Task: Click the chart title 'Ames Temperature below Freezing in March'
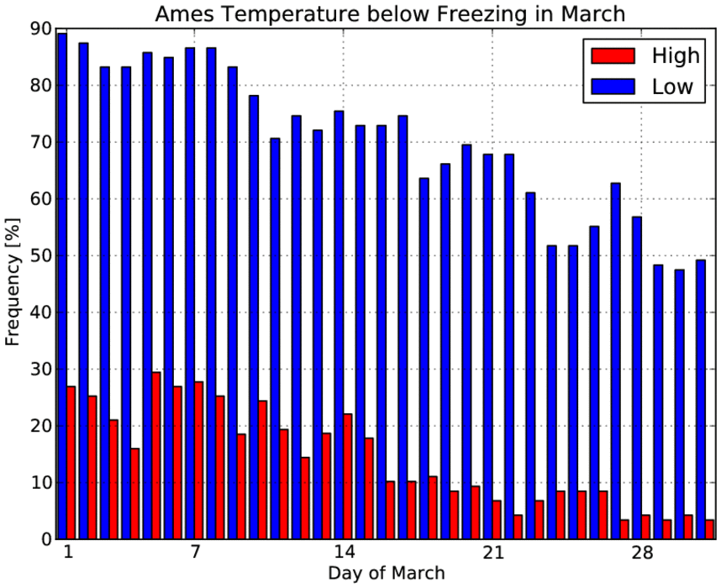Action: click(x=390, y=13)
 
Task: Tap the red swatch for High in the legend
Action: click(x=613, y=55)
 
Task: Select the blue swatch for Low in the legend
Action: click(x=613, y=87)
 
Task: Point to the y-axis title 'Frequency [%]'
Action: click(x=13, y=282)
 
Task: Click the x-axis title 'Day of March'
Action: click(x=387, y=573)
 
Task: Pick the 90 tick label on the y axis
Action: click(x=41, y=29)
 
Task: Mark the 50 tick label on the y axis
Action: click(x=41, y=255)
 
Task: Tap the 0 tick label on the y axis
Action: click(x=47, y=539)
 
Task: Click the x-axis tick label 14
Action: click(x=344, y=552)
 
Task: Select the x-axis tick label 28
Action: click(x=641, y=552)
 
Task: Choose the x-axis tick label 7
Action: click(x=195, y=552)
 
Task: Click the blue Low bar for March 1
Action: click(x=62, y=286)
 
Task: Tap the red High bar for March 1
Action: click(x=71, y=463)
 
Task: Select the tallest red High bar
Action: click(x=156, y=455)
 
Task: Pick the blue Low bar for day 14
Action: click(x=339, y=325)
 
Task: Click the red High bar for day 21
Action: click(x=497, y=520)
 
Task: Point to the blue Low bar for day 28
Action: click(x=637, y=378)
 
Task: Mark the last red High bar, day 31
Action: click(x=709, y=529)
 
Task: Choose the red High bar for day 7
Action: click(x=199, y=460)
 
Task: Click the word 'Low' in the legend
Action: click(x=672, y=87)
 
